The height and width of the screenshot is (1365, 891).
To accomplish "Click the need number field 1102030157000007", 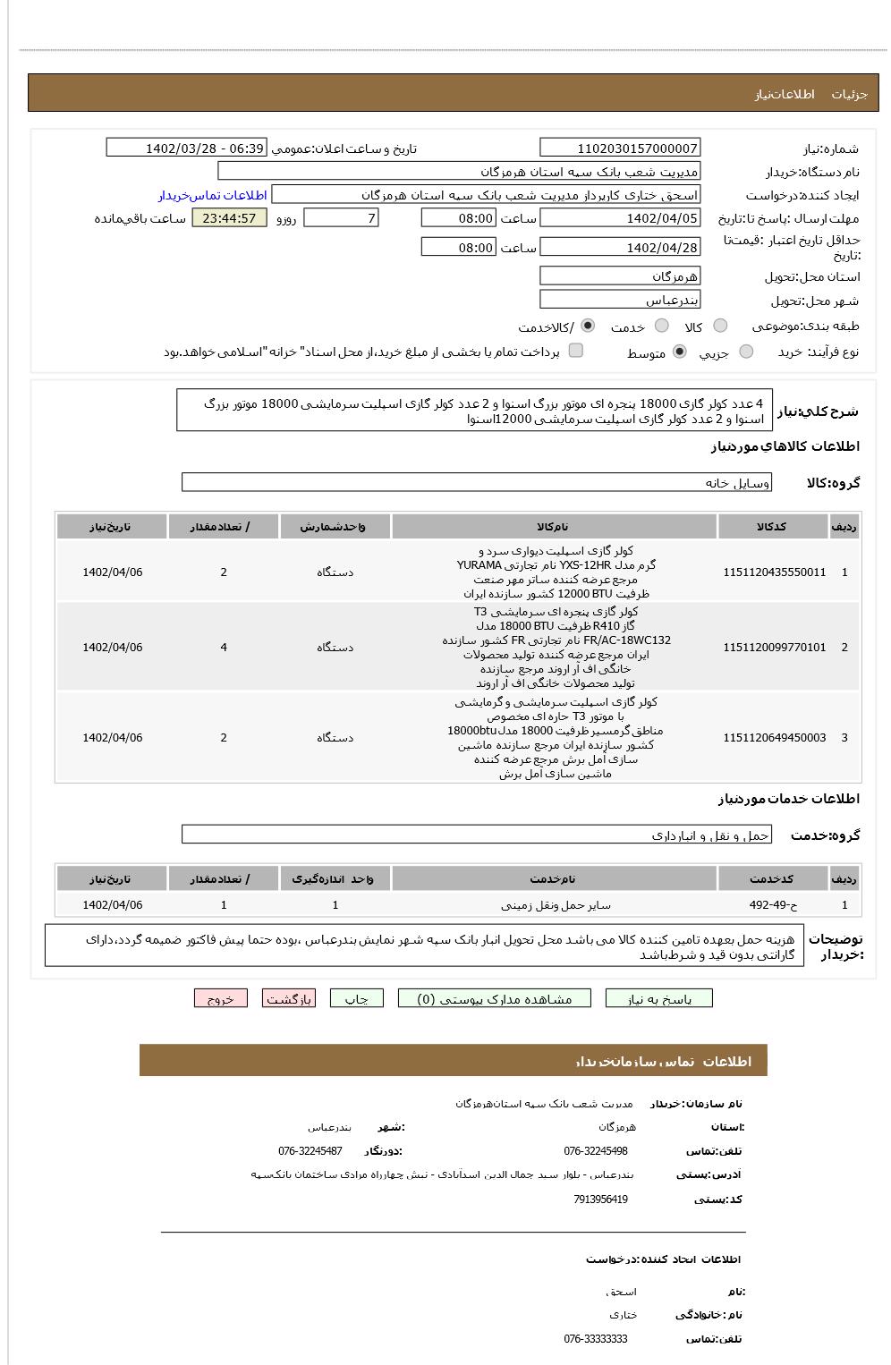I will tap(620, 148).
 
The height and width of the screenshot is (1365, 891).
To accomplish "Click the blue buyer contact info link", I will tap(213, 195).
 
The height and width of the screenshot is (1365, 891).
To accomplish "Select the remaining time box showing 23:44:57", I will tap(229, 218).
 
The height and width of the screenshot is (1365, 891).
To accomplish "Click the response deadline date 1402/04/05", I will tap(620, 218).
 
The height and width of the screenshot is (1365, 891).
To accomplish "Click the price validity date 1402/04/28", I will tap(620, 248).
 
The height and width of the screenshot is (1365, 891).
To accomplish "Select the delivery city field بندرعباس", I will tap(620, 301).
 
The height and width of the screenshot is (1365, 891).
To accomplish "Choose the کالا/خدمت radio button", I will tap(588, 326).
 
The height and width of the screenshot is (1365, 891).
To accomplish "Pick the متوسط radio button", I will tap(680, 352).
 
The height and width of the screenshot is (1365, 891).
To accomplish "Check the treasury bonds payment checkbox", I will tap(576, 351).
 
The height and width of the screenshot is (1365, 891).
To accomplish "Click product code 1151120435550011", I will tap(774, 572).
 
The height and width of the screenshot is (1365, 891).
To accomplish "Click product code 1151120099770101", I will tap(774, 648).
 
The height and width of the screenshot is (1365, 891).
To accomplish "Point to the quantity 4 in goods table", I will tap(224, 648).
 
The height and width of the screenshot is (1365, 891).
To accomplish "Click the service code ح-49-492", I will tap(773, 905).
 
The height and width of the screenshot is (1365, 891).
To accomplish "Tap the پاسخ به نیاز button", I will tap(659, 999).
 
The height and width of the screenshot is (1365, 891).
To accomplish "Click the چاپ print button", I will tap(356, 999).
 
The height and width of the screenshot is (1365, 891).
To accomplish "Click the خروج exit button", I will tap(220, 999).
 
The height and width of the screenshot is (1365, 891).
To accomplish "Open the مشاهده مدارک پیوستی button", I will tap(495, 999).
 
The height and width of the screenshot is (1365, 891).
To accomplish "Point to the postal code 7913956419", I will tap(600, 1200).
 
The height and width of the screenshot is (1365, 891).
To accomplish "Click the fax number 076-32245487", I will tap(310, 1151).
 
